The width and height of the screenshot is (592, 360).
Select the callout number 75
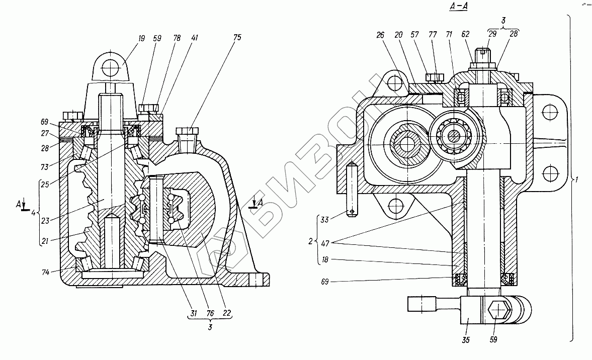(x=237, y=37)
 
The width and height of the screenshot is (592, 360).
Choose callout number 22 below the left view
(x=227, y=313)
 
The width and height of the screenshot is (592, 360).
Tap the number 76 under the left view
(x=210, y=313)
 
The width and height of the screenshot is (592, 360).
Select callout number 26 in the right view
(x=380, y=35)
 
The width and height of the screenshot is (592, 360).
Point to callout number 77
(x=433, y=35)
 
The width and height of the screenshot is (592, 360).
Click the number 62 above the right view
(x=466, y=35)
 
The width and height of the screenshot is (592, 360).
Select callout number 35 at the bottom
(x=466, y=340)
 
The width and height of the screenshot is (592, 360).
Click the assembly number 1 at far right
(x=578, y=179)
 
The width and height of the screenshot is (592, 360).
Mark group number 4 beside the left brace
(x=33, y=213)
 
